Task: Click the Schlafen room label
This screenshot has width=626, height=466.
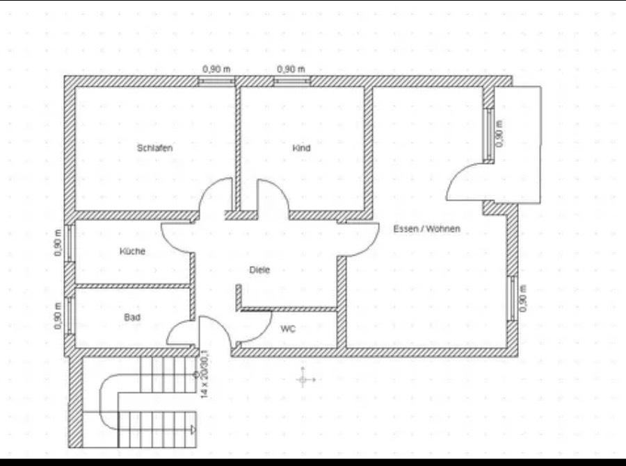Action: (x=154, y=148)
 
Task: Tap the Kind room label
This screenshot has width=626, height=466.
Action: (x=301, y=148)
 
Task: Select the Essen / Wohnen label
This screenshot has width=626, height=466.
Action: (x=426, y=228)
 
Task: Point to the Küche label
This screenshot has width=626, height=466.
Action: (x=132, y=251)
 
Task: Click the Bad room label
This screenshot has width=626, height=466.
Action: (x=132, y=317)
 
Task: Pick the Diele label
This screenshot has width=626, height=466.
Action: (x=259, y=269)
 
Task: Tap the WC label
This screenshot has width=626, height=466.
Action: (x=288, y=329)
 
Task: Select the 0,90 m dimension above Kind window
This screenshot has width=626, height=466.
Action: (x=291, y=69)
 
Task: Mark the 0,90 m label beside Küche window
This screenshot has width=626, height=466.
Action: (x=58, y=242)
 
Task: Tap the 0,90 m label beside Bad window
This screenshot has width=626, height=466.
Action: (x=58, y=315)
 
